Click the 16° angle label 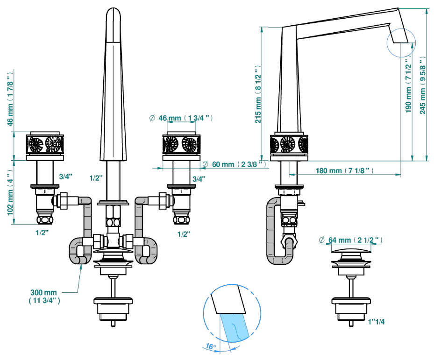pos(210,346)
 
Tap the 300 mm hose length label pos(44,296)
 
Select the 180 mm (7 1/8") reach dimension pos(345,171)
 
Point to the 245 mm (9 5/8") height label pos(422,85)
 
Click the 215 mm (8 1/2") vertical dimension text pos(258,94)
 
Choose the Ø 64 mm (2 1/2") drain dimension pos(351,240)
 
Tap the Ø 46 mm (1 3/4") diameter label pos(181,118)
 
